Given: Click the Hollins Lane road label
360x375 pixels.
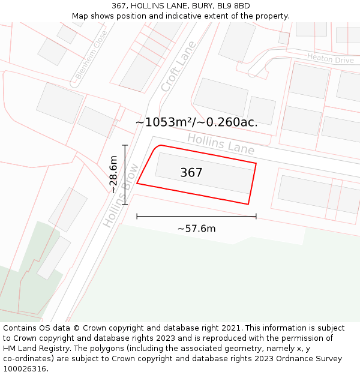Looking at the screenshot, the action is (x=221, y=144).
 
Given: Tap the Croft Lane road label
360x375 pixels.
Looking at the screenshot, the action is (x=178, y=66).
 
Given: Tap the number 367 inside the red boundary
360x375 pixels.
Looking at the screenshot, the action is (x=191, y=173).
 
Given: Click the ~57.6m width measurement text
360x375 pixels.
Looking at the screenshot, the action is (x=196, y=229).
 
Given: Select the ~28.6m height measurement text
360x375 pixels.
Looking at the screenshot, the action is (x=113, y=174).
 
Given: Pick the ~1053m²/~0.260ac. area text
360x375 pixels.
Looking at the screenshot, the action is (x=196, y=122).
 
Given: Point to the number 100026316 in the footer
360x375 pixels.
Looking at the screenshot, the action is (x=26, y=369).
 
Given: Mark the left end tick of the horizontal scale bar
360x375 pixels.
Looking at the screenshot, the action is (x=137, y=217).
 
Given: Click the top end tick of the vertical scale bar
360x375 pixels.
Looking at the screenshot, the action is (x=125, y=145).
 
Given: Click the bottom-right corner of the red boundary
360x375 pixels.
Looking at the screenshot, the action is (x=248, y=204).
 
